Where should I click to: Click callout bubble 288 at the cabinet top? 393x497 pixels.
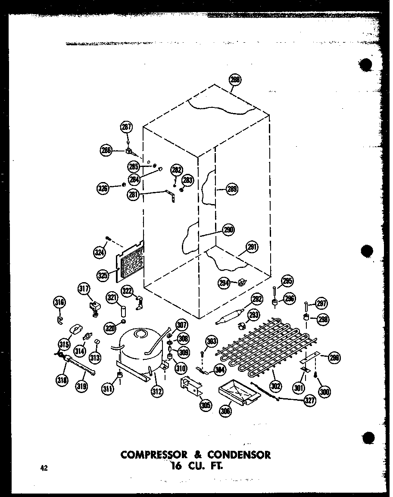(235, 80)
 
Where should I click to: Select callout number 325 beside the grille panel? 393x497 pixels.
(102, 275)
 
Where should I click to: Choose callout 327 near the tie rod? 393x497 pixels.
(309, 400)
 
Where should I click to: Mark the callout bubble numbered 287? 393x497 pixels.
(126, 127)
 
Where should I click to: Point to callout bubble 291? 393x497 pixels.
(252, 248)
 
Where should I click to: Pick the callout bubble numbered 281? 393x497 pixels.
(133, 195)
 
